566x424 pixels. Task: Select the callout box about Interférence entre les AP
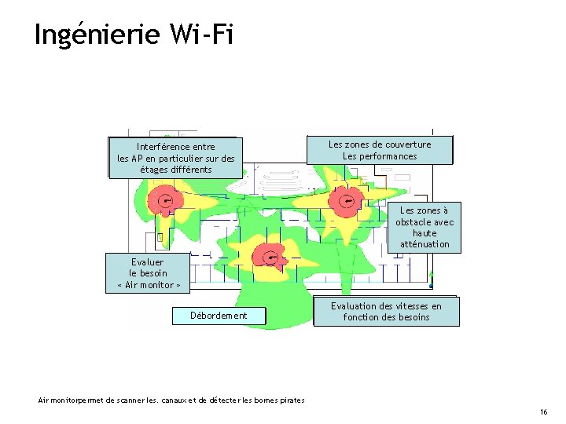175,158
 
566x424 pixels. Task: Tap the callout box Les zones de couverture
380,150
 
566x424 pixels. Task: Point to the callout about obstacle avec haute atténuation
424,228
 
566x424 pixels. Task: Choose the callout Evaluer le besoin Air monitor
149,273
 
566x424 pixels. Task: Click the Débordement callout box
219,316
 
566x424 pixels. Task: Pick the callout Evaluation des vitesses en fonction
386,312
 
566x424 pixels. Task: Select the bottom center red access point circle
271,257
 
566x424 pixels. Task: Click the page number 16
543,412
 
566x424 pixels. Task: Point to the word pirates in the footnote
290,401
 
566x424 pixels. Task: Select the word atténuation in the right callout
424,244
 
